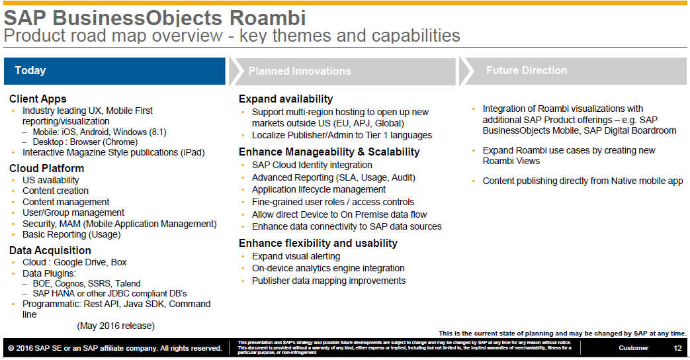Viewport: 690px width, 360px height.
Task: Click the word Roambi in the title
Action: pyautogui.click(x=267, y=18)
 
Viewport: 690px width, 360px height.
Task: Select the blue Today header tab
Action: pyautogui.click(x=114, y=71)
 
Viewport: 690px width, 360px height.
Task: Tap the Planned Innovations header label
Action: pyautogui.click(x=300, y=71)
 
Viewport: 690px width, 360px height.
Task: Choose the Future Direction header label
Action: pyautogui.click(x=527, y=70)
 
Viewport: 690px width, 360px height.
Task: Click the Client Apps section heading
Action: pyautogui.click(x=38, y=99)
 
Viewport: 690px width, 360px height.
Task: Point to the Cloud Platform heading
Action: pyautogui.click(x=47, y=168)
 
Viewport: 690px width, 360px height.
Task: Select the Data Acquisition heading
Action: pyautogui.click(x=50, y=250)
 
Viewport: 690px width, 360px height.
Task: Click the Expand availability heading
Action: pyautogui.click(x=286, y=99)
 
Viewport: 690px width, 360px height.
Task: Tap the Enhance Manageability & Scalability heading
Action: pyautogui.click(x=329, y=152)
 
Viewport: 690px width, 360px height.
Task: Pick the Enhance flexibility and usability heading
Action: pyautogui.click(x=318, y=243)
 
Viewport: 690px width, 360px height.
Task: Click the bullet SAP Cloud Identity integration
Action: pyautogui.click(x=312, y=165)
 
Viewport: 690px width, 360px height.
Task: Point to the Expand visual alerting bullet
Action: pyautogui.click(x=296, y=256)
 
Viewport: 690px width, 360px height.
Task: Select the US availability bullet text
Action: pyautogui.click(x=51, y=180)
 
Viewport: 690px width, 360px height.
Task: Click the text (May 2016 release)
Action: pyautogui.click(x=116, y=326)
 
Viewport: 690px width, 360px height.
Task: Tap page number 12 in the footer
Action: pyautogui.click(x=677, y=348)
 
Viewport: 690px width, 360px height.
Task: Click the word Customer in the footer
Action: pyautogui.click(x=634, y=348)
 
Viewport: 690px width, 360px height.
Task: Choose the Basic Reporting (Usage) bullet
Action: pyautogui.click(x=71, y=234)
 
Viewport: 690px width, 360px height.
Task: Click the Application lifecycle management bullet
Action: pyautogui.click(x=319, y=190)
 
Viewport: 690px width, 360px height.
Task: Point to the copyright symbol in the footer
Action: pyautogui.click(x=11, y=349)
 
